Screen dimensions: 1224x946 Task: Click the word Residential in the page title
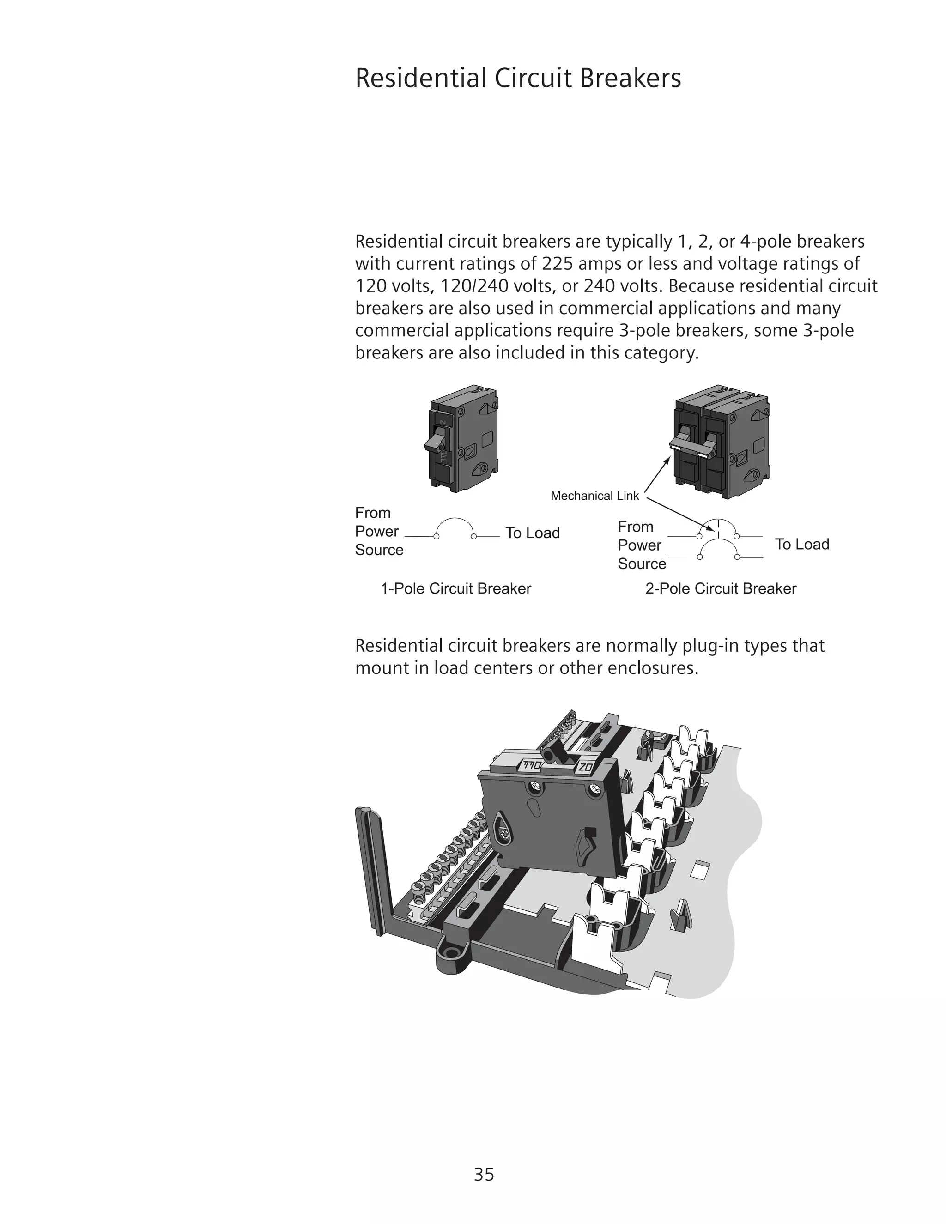tap(420, 78)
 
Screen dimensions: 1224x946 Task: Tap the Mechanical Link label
tap(594, 496)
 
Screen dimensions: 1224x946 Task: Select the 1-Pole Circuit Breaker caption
tap(455, 588)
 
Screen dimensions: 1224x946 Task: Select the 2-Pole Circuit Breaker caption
tap(720, 588)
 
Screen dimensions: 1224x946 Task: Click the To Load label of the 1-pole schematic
tap(533, 533)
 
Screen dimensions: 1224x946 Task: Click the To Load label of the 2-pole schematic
tap(801, 544)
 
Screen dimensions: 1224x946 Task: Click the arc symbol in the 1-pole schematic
tap(455, 524)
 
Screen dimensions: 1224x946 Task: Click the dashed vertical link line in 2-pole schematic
tap(718, 528)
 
